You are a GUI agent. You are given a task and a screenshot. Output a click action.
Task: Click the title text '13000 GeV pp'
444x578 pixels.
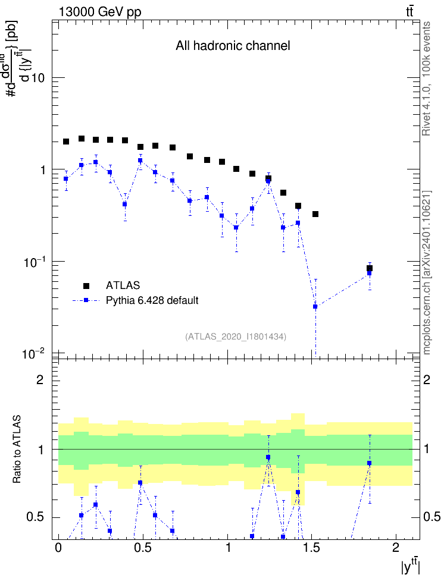point(99,12)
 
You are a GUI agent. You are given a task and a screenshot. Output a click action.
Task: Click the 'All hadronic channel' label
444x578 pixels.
point(233,46)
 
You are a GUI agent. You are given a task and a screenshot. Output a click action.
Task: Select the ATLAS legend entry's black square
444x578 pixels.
point(86,285)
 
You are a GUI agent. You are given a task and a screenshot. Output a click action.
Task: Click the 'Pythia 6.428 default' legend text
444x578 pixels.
point(152,301)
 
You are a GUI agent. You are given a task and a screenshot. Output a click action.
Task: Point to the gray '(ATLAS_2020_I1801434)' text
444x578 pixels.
point(236,337)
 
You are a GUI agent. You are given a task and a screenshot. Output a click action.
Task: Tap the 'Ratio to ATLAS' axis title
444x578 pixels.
point(17,449)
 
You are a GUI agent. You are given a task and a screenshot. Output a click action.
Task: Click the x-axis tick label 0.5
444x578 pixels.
point(143,548)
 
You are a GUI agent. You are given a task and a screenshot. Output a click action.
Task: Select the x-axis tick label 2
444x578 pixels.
point(396,548)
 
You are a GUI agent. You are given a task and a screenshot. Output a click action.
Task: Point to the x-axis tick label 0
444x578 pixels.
point(58,548)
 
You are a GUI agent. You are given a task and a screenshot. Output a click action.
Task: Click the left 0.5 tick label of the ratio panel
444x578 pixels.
point(35,517)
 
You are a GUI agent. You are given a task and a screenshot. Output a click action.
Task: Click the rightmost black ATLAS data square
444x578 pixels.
point(370,268)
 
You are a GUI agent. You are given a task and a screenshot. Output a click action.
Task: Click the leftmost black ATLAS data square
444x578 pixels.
point(66,142)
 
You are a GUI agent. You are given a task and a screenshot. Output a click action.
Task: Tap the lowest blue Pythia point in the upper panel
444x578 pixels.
point(315,306)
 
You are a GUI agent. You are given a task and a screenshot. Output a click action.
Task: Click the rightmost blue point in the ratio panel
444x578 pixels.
point(370,463)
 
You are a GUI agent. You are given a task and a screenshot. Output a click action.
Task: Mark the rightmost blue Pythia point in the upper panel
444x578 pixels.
point(370,274)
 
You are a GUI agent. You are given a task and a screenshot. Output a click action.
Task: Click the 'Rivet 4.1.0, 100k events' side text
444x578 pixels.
point(426,78)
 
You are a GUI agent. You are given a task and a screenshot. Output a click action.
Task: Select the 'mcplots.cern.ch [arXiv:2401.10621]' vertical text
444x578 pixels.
point(427,272)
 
